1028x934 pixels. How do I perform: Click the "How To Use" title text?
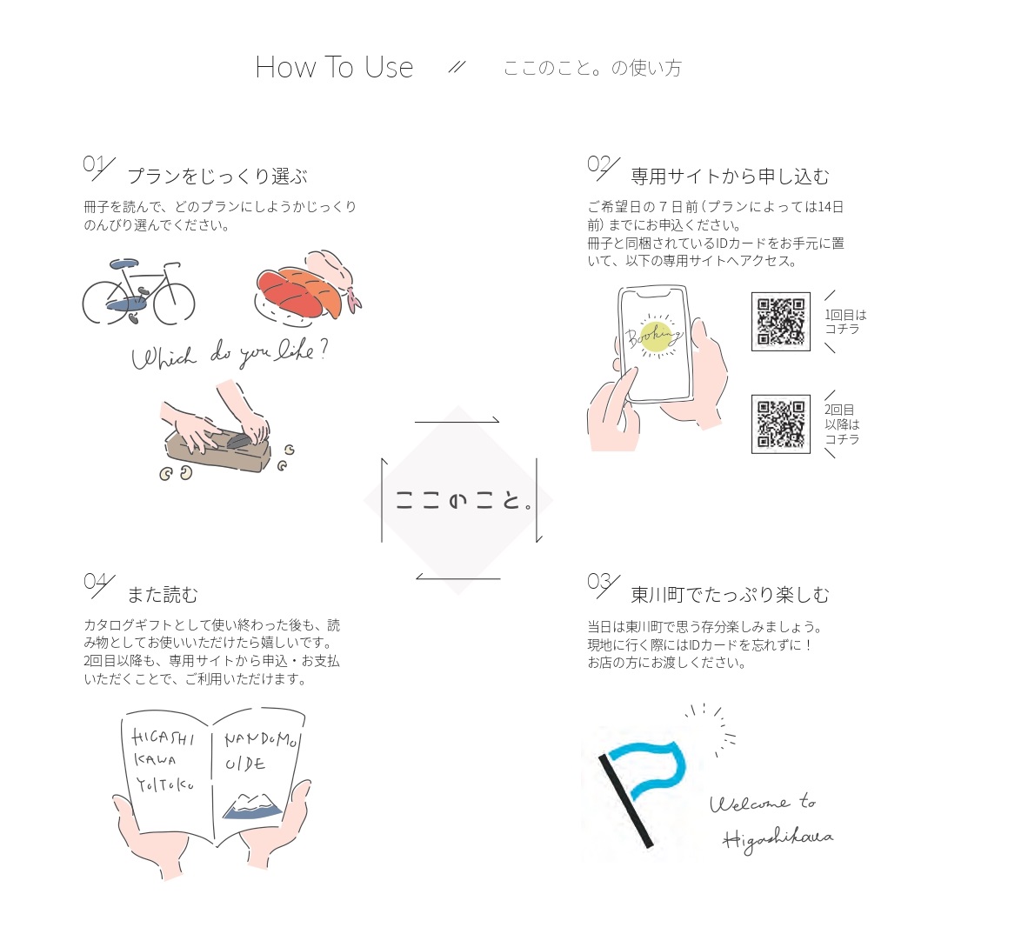[x=334, y=68]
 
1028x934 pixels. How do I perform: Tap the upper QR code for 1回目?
[x=781, y=321]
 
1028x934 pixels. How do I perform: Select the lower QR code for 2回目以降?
[x=781, y=424]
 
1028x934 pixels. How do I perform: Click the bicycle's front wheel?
[x=173, y=302]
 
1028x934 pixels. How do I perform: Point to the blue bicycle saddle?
[x=123, y=264]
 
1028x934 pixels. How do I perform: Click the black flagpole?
[x=625, y=801]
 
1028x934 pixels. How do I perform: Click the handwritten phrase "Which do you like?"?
[x=230, y=354]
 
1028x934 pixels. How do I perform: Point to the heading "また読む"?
[x=162, y=595]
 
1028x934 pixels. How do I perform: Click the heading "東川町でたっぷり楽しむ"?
[x=730, y=595]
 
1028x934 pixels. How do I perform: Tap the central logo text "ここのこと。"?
[x=464, y=501]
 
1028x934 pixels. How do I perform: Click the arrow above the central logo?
[x=457, y=422]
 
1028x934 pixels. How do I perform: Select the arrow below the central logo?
[x=458, y=577]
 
